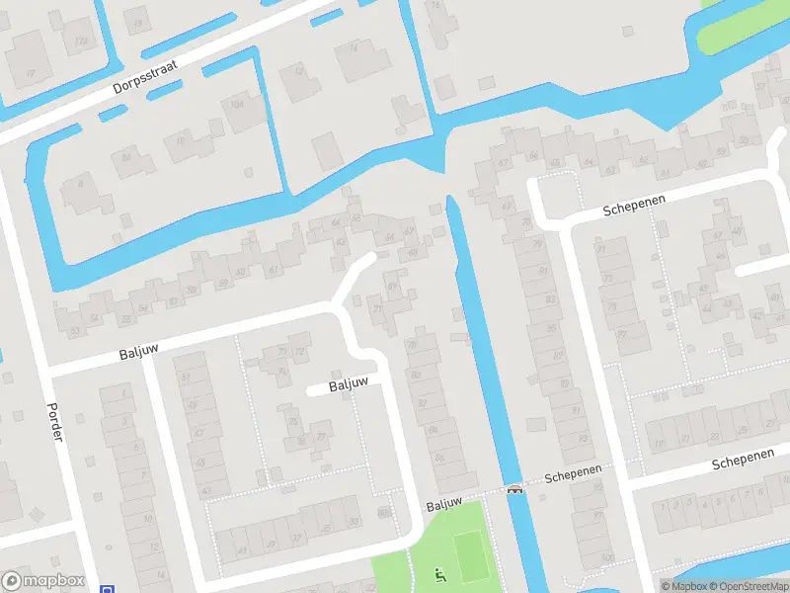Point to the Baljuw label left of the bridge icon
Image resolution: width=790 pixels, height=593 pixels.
coord(444,503)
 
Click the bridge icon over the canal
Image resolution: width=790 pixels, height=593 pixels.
coord(514,488)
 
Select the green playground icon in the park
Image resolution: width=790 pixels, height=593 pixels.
coord(439,575)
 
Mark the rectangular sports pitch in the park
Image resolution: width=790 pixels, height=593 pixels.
coord(472,557)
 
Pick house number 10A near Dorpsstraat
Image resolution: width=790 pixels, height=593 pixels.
coord(236,103)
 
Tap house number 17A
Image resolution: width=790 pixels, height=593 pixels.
coord(80,40)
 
